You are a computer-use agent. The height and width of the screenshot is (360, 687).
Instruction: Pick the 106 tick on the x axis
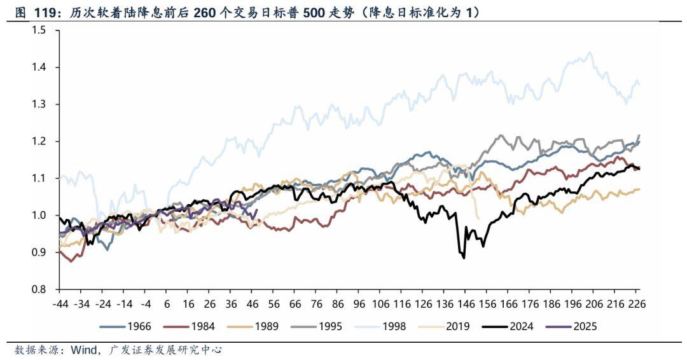tap(381, 304)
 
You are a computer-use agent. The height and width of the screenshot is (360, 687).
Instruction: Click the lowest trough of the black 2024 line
tap(464, 258)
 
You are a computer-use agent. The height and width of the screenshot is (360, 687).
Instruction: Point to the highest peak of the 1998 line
tap(590, 53)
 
